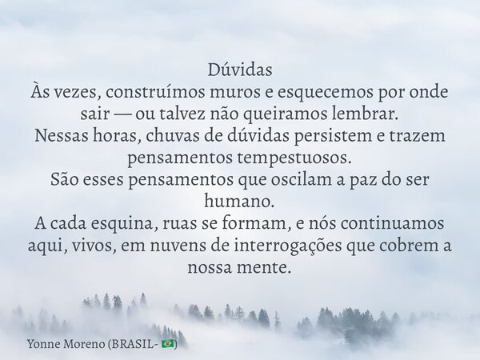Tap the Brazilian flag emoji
(x=167, y=343)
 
